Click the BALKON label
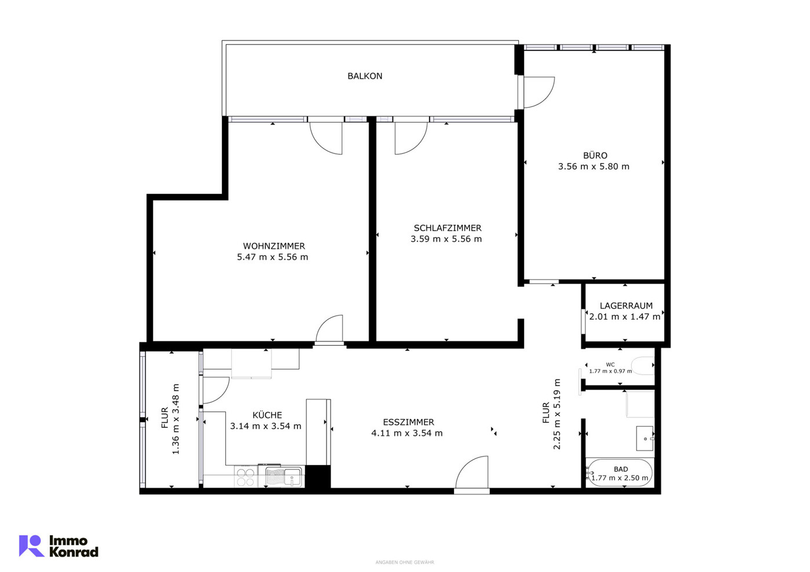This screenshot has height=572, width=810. coord(365,76)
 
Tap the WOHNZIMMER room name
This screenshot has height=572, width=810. coord(274,246)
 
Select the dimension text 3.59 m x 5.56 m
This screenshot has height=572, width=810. coord(446,239)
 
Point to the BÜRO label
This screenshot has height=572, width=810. coord(595,156)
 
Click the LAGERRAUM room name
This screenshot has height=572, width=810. coord(626,306)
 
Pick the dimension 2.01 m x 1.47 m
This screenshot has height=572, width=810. coord(625,316)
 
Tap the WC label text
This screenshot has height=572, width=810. coord(610,365)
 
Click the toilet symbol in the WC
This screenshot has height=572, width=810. coord(643,365)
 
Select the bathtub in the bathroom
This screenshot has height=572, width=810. coord(619,472)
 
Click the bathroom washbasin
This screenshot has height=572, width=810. coord(645,438)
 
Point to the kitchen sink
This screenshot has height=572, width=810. coord(283,476)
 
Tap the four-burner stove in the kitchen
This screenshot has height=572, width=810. coord(246,476)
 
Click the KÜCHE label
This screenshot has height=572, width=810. coord(267,415)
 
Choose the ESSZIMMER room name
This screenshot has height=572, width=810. coord(408,422)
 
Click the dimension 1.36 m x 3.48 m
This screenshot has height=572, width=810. coord(176,419)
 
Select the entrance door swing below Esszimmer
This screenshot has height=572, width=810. coord(472,472)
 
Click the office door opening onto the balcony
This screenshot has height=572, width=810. coord(539,92)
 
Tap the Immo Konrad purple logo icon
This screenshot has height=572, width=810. coord(31,545)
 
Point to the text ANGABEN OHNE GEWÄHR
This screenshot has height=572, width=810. coord(405,562)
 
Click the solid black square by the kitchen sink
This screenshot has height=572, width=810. coord(318,476)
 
